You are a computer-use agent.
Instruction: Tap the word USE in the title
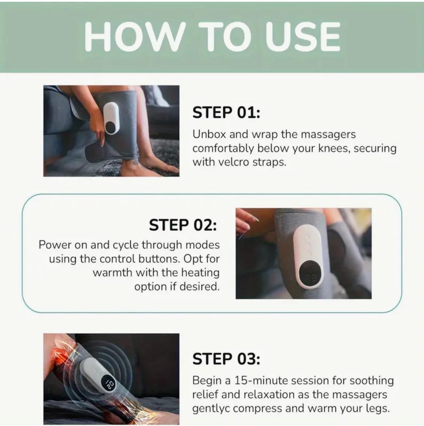pos(303,37)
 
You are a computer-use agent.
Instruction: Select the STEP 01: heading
pos(226,112)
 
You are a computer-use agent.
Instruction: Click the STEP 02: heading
pos(183,225)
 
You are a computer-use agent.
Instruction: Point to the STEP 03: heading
pos(226,359)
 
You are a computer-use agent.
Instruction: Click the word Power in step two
pos(55,245)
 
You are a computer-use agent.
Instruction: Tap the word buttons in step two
pos(159,259)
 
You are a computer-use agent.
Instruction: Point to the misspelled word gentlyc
pos(210,409)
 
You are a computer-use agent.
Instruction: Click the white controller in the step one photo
pos(111,118)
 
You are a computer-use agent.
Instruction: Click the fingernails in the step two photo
pos(254,218)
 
